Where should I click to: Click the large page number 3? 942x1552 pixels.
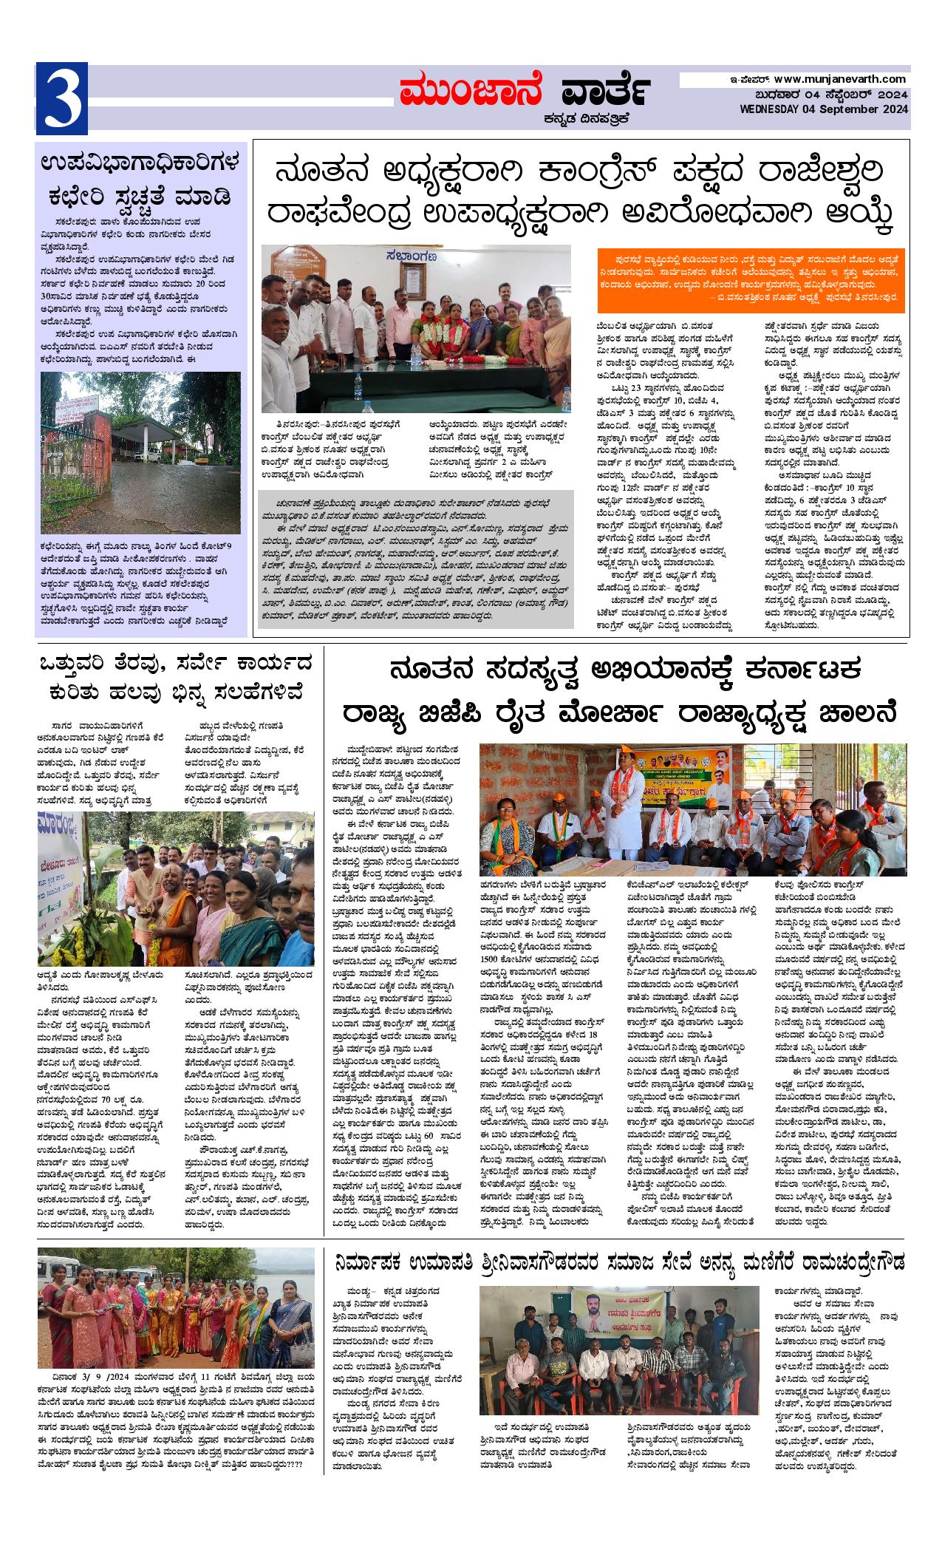pyautogui.click(x=62, y=99)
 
